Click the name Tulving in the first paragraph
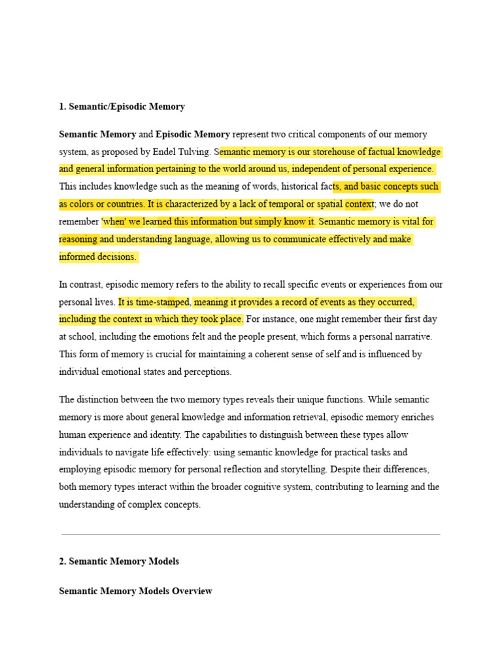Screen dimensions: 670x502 click(195, 152)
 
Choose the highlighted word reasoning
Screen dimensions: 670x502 click(78, 239)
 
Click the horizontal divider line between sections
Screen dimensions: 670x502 click(251, 534)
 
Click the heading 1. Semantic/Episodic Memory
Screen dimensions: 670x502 click(122, 107)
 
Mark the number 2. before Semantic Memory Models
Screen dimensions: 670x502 click(63, 561)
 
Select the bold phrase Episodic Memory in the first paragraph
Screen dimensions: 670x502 click(192, 135)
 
